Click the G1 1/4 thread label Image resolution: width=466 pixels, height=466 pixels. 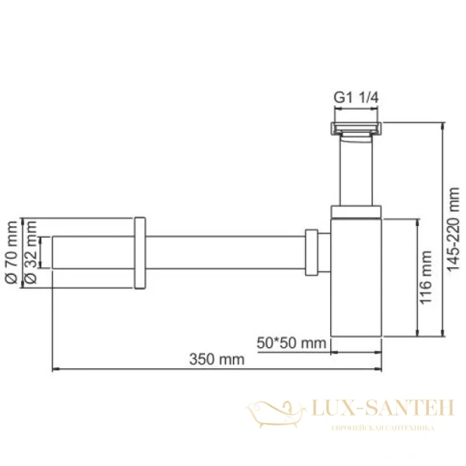coord(356,97)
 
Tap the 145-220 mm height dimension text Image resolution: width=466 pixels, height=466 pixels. coord(455,230)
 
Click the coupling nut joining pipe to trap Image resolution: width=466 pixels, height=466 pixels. coord(312,252)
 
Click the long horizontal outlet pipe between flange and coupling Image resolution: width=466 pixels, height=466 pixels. coord(225,252)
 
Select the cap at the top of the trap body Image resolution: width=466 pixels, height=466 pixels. coord(356,211)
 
